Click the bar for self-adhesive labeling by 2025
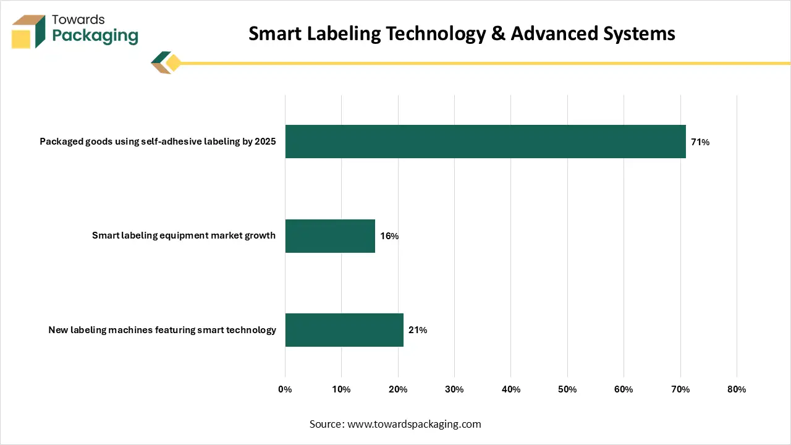485,142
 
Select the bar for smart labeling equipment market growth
330,235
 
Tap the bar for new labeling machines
344,330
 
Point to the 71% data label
700,142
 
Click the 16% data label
389,236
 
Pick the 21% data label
418,330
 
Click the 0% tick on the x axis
285,389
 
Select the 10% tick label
341,389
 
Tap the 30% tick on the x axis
454,389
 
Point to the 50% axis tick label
567,389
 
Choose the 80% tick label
737,389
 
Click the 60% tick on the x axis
624,389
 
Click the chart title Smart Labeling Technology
462,33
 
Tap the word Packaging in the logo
95,36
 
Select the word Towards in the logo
78,20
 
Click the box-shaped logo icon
28,32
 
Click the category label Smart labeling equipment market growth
184,235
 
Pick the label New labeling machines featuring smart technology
162,330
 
